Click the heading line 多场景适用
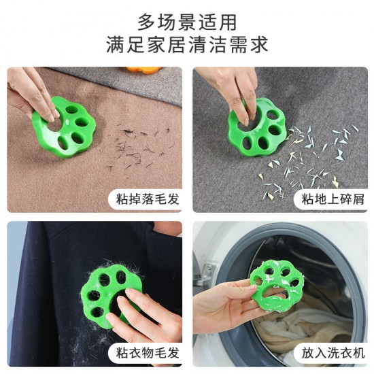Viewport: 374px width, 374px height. pos(187,21)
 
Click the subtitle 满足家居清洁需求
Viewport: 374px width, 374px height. pos(187,46)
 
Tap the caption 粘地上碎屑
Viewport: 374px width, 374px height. pos(329,199)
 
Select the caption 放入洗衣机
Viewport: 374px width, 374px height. pos(329,352)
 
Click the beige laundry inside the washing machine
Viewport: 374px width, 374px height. pos(299,337)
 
